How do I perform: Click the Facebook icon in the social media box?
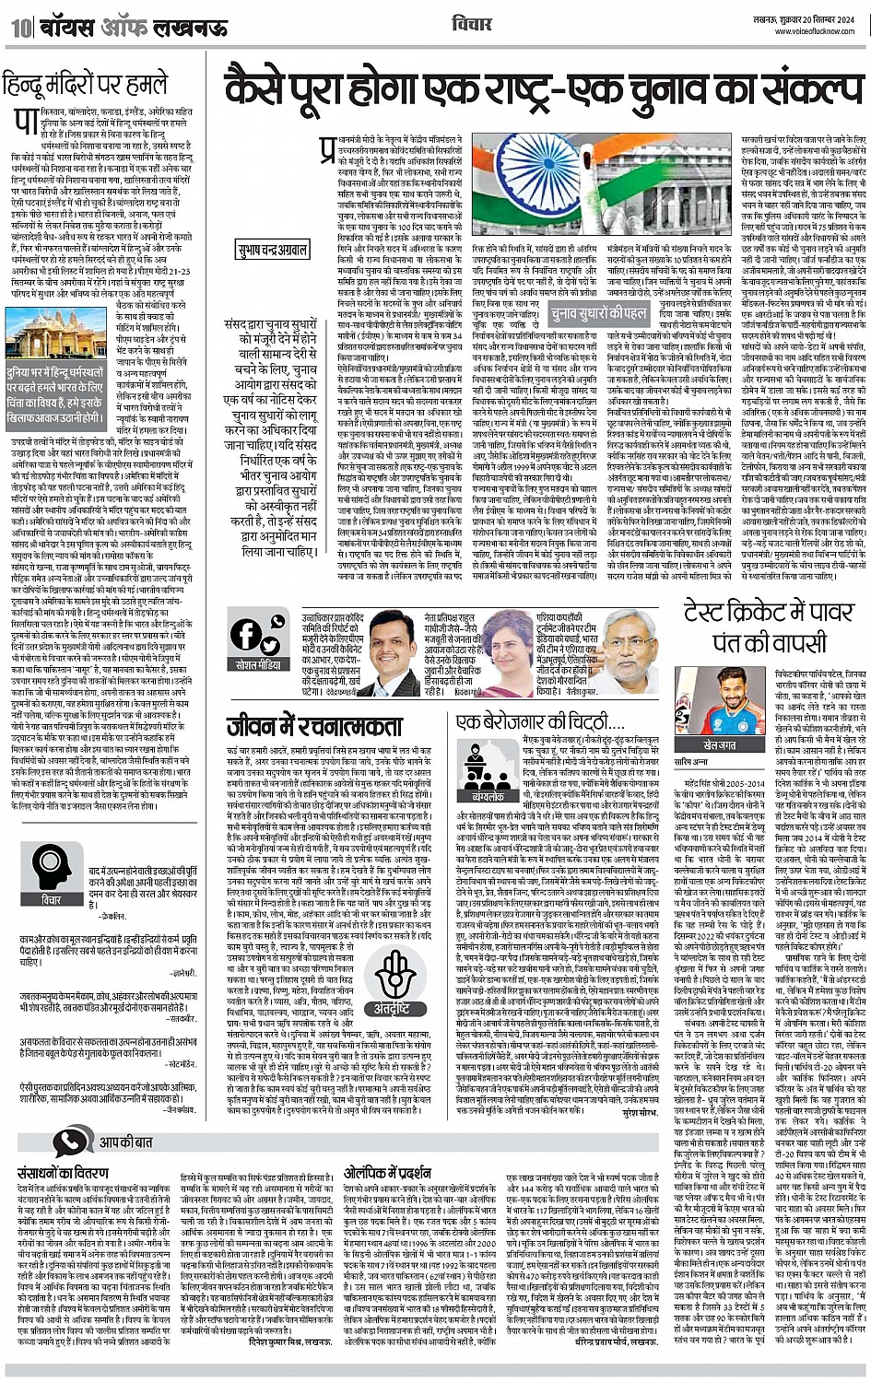(246, 633)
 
